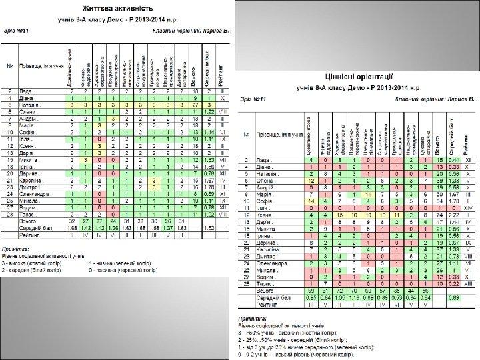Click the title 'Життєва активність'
point(115,10)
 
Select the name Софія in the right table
point(267,201)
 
